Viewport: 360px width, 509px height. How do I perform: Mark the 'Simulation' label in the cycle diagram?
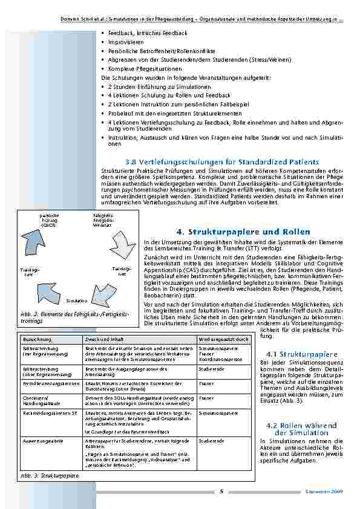click(x=77, y=300)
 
